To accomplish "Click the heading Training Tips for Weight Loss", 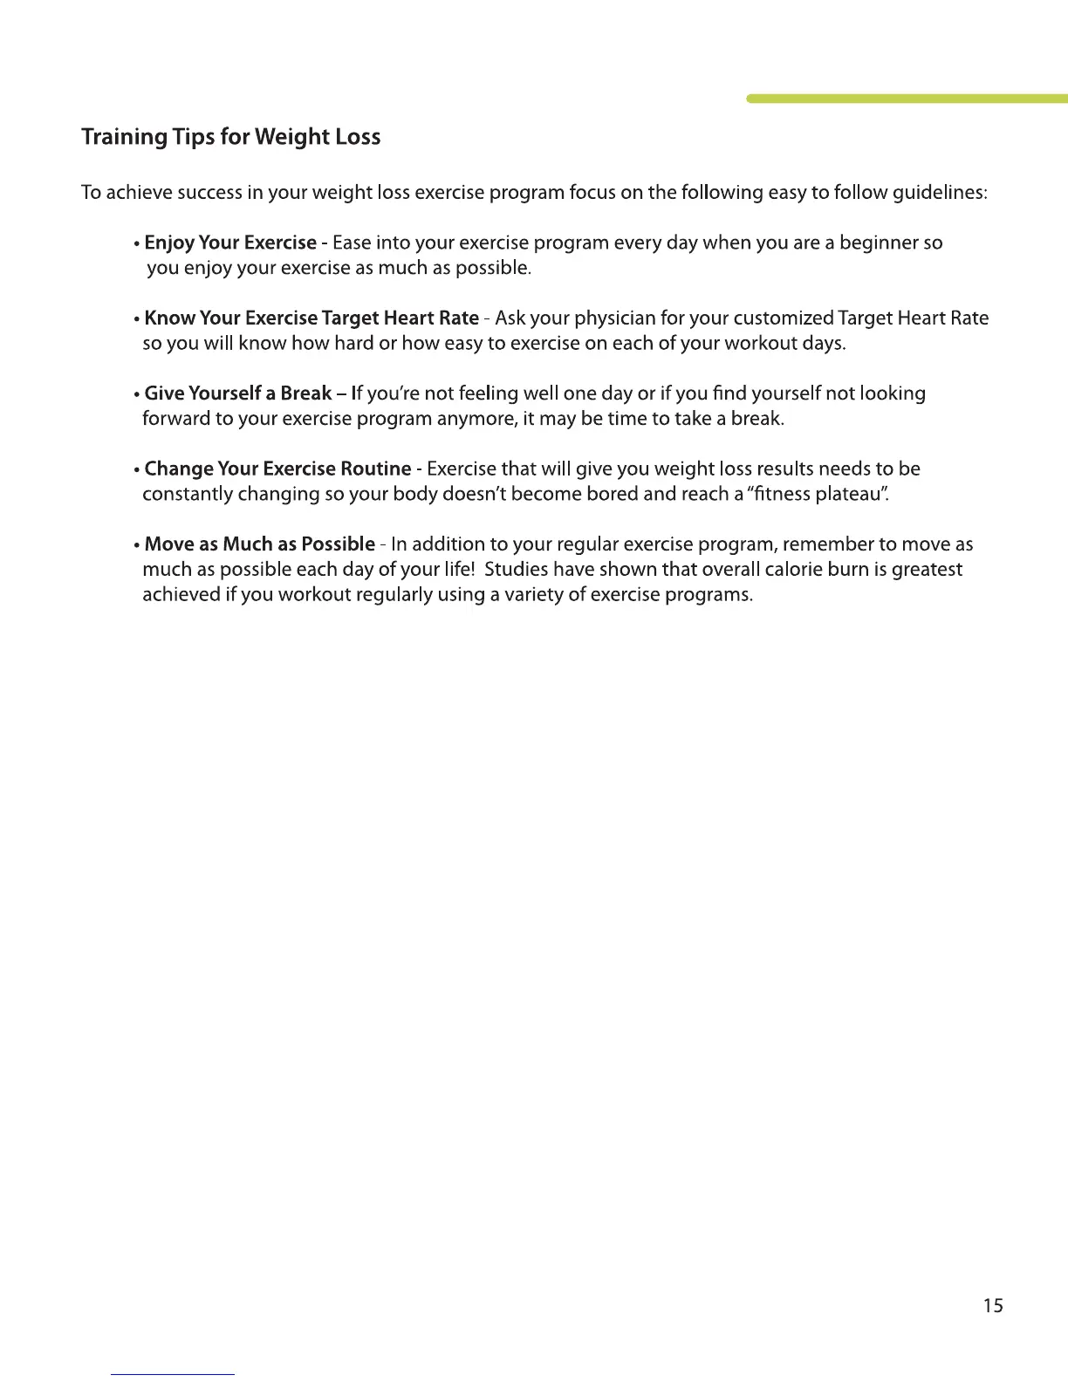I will pos(230,138).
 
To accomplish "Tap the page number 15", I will pos(993,1306).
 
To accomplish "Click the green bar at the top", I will pos(907,99).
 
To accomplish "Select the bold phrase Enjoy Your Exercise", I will pos(230,243).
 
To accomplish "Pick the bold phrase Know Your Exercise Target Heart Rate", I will pos(311,318).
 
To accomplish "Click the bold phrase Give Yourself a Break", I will pos(238,393).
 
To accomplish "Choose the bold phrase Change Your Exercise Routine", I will pos(277,469).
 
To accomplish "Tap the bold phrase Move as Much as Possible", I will pos(260,545).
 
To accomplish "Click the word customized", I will pos(777,318).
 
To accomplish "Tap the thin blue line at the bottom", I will pos(173,1374).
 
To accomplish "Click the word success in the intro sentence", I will pos(209,193).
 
